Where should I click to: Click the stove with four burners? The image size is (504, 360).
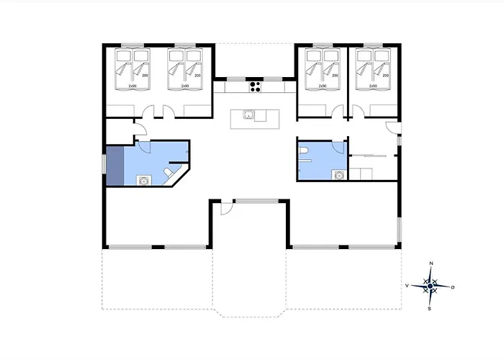click(254, 86)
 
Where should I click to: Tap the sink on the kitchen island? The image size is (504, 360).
click(248, 115)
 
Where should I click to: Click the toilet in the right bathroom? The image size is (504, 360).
click(305, 151)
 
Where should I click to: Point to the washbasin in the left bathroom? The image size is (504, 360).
click(144, 180)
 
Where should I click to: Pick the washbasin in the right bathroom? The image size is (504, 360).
click(338, 174)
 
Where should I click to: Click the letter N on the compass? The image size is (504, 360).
click(431, 264)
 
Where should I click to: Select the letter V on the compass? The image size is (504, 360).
click(408, 287)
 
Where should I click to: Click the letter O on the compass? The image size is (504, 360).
click(453, 287)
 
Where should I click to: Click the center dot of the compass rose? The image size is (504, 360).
click(430, 287)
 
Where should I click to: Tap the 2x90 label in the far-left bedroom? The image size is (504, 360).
click(132, 86)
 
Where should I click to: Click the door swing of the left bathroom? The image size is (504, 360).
click(144, 145)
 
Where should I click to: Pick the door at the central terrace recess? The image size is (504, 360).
click(225, 209)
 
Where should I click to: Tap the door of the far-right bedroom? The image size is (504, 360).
click(357, 112)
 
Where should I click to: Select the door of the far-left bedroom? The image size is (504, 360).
click(149, 112)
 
